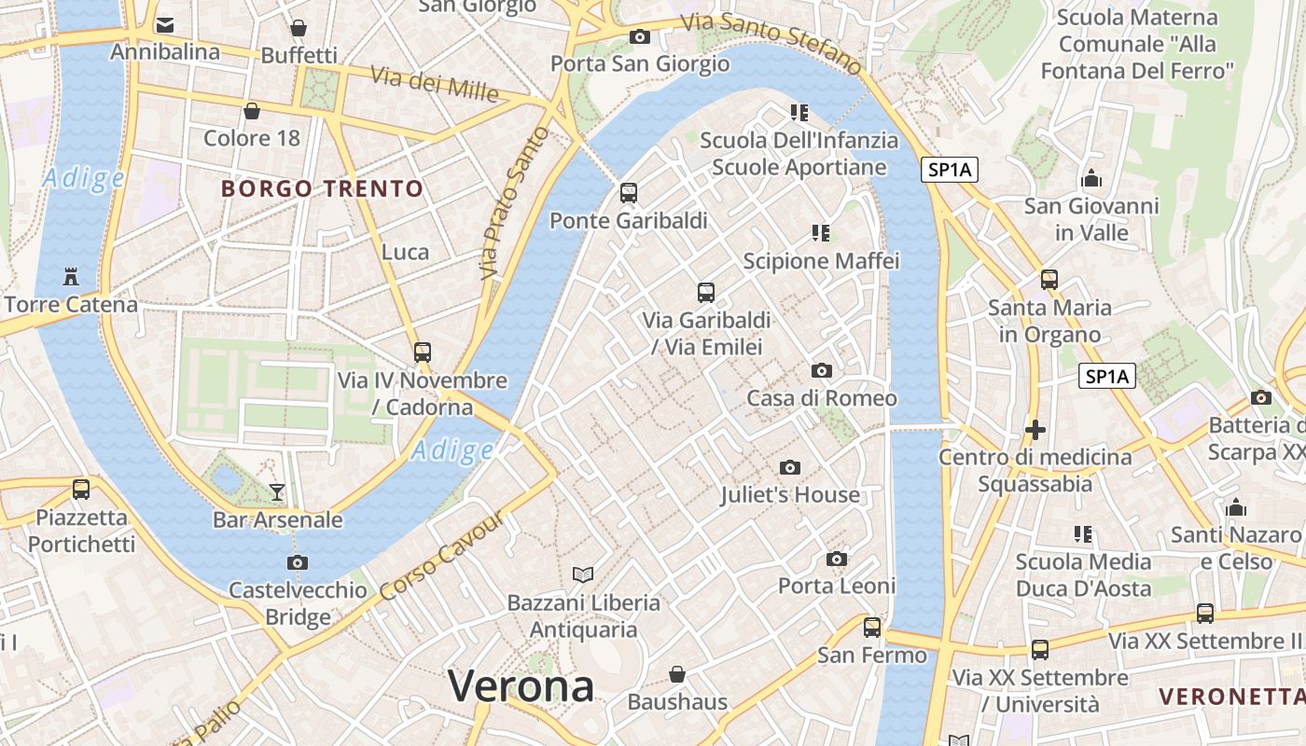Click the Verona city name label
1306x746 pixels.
click(x=521, y=687)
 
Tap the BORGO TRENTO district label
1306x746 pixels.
click(x=322, y=189)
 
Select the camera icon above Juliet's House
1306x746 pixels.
click(x=790, y=467)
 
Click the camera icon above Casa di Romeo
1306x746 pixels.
click(x=822, y=371)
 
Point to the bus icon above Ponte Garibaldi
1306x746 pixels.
click(x=629, y=193)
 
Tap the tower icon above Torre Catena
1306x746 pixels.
click(x=70, y=276)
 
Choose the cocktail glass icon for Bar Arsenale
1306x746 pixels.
click(x=277, y=491)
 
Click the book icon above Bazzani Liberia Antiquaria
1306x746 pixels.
click(x=583, y=574)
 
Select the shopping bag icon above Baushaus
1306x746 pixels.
click(x=677, y=673)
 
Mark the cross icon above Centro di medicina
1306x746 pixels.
click(x=1035, y=430)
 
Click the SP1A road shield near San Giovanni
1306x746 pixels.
click(x=950, y=170)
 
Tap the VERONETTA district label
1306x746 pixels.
click(x=1230, y=697)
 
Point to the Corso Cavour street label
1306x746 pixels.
click(x=442, y=558)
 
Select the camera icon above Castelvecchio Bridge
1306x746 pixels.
click(x=298, y=562)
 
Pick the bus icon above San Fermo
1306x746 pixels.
click(x=872, y=628)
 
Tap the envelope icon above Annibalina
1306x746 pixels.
click(x=165, y=24)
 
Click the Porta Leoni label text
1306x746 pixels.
click(x=837, y=586)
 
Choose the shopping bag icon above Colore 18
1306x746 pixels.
click(x=251, y=112)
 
